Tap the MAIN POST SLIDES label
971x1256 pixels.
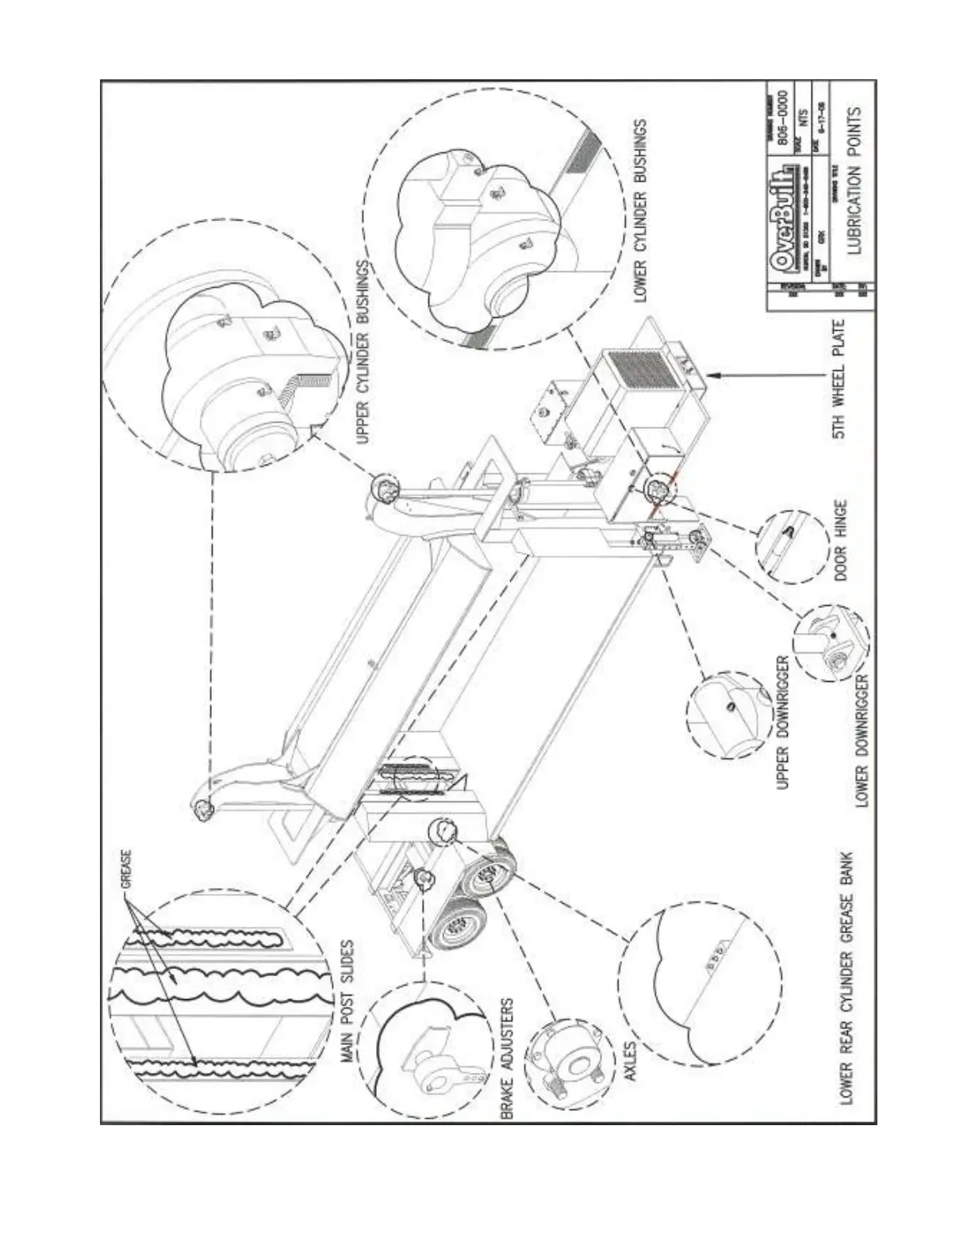click(346, 1002)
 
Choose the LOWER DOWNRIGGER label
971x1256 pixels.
click(864, 740)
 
